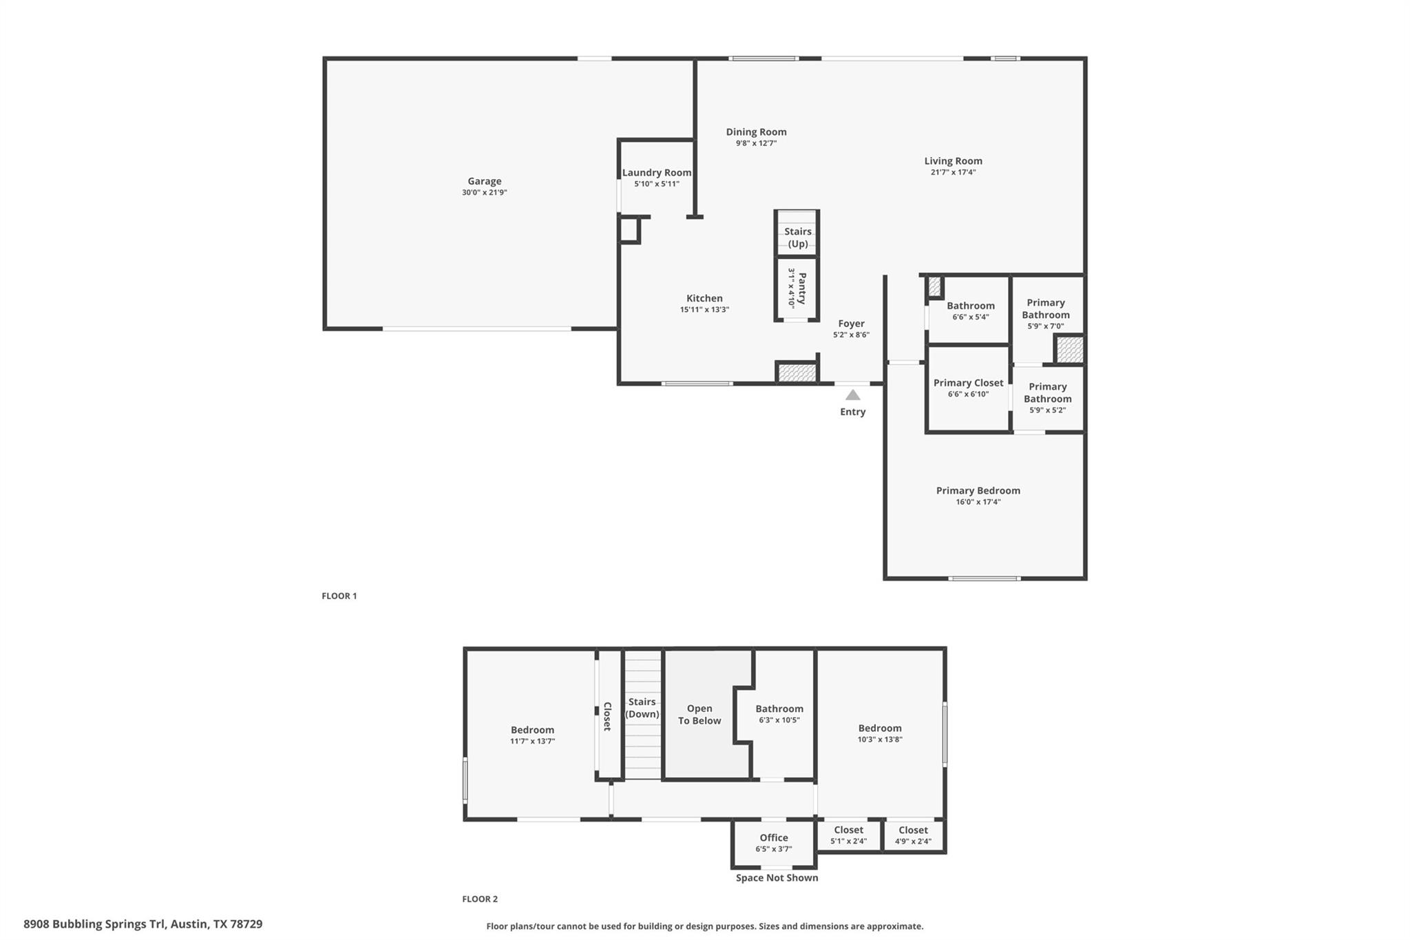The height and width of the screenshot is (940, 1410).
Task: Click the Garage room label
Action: coord(484,182)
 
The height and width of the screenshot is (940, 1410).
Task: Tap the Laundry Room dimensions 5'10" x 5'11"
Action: coord(656,184)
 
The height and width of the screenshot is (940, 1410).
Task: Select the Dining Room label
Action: coord(756,132)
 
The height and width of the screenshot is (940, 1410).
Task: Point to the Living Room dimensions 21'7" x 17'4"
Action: coord(953,172)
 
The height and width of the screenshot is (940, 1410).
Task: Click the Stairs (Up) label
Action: coord(797,238)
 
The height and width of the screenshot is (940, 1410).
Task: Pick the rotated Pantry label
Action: coord(801,289)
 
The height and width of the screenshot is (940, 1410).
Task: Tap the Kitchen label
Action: coord(704,299)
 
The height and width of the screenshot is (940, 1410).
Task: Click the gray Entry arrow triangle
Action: coord(852,395)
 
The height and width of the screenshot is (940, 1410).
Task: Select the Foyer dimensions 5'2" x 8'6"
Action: coord(851,335)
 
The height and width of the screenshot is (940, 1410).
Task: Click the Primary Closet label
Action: coord(968,383)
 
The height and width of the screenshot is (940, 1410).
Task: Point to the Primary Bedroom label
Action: coord(978,491)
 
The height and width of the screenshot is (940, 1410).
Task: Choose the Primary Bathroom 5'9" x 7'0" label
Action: coord(1045,309)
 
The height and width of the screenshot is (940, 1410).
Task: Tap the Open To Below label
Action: coord(699,715)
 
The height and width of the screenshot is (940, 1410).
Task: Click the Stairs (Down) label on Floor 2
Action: coord(642,708)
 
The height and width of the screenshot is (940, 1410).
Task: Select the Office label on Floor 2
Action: coord(774,838)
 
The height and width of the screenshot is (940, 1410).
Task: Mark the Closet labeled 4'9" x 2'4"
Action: coord(913,831)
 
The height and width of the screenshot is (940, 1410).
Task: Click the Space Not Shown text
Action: coord(777,878)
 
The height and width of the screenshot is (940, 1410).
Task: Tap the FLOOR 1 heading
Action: coord(339,596)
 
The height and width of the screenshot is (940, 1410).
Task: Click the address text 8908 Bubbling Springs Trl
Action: coord(95,924)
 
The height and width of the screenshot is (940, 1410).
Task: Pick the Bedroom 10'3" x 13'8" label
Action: coord(879,729)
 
